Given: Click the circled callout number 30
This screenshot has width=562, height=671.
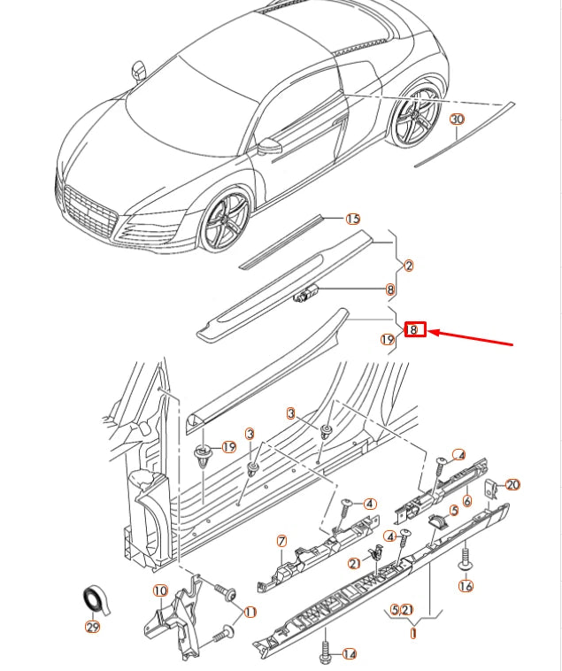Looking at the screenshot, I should pos(457,120).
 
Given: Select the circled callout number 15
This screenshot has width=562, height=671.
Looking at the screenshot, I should pos(353,219).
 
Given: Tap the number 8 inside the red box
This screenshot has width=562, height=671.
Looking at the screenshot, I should pos(415,330).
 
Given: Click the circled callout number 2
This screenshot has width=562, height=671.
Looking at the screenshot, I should pos(408,266).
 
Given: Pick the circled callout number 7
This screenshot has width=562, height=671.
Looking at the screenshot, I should pos(281,541).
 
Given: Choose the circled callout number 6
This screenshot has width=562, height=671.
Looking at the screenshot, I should pos(466,501).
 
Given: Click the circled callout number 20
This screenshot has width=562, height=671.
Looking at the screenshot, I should pos(512,484).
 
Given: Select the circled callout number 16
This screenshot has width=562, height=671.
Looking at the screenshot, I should pos(466,585).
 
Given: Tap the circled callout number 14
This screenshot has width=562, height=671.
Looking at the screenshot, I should pos(349,654).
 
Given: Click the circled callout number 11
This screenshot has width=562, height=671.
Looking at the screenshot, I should pos(249,612).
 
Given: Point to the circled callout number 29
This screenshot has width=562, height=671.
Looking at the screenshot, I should pos(92,627).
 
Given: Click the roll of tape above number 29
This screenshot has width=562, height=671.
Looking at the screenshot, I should pos(92,599).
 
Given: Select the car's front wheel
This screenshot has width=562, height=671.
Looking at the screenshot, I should pos(227,220).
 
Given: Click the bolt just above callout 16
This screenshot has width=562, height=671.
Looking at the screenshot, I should pos(463,558).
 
